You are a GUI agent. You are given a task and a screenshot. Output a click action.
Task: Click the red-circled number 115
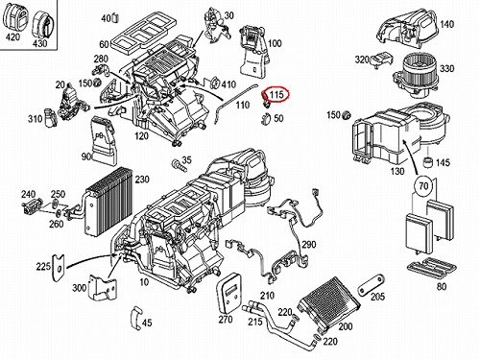(x=276, y=94)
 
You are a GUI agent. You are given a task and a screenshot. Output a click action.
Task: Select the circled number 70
(x=423, y=185)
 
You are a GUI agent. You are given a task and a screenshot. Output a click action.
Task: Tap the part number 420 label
(x=12, y=37)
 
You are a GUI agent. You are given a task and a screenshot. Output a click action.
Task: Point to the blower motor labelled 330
(x=415, y=76)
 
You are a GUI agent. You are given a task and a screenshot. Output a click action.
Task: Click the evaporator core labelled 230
(x=108, y=202)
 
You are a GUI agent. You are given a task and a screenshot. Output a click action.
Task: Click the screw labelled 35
(x=179, y=166)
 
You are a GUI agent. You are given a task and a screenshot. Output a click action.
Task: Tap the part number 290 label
(x=309, y=245)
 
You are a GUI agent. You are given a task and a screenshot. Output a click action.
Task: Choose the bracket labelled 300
(x=103, y=287)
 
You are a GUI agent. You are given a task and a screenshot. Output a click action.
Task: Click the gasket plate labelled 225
(x=59, y=268)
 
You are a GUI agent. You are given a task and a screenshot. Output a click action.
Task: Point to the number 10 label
(x=144, y=282)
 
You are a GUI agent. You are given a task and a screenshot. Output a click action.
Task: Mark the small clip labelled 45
(x=136, y=318)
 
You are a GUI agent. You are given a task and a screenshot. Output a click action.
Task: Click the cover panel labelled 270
(x=228, y=293)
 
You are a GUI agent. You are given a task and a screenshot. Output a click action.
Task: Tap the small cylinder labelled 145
(x=428, y=162)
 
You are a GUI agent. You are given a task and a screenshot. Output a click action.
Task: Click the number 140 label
(x=446, y=24)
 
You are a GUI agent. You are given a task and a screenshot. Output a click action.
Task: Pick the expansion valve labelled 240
(x=32, y=205)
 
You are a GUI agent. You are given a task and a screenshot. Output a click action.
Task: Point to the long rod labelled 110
(x=235, y=104)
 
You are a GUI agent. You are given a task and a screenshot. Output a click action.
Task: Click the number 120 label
(x=141, y=136)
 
